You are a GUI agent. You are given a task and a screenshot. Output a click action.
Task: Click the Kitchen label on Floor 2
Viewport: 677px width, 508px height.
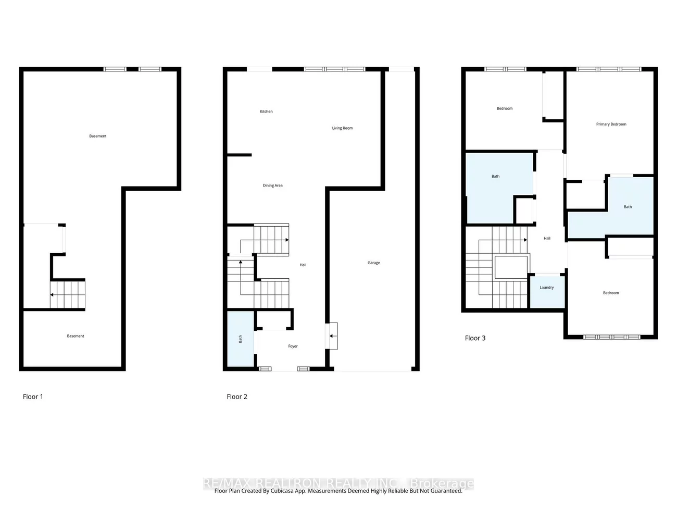pyautogui.click(x=266, y=111)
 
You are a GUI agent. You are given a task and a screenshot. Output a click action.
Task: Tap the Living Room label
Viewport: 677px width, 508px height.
pyautogui.click(x=342, y=128)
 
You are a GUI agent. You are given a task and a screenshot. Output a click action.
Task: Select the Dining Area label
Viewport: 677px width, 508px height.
pyautogui.click(x=273, y=185)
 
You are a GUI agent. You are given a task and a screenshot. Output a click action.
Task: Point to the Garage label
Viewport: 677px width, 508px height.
pyautogui.click(x=373, y=263)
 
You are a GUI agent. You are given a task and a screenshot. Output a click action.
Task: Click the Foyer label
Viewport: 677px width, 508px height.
pyautogui.click(x=293, y=346)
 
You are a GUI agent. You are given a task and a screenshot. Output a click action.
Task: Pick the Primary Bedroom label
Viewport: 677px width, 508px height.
pyautogui.click(x=611, y=125)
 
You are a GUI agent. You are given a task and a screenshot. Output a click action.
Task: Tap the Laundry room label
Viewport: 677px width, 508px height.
pyautogui.click(x=546, y=288)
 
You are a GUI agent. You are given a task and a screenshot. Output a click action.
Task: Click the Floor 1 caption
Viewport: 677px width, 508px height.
pyautogui.click(x=33, y=397)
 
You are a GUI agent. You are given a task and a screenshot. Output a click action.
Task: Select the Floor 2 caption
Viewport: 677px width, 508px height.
pyautogui.click(x=237, y=397)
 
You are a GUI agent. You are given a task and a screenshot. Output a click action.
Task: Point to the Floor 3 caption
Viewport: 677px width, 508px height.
pyautogui.click(x=475, y=338)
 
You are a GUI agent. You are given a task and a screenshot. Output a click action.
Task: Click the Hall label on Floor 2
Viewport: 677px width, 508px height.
pyautogui.click(x=303, y=265)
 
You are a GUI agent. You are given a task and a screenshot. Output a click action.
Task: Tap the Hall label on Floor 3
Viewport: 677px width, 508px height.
pyautogui.click(x=547, y=239)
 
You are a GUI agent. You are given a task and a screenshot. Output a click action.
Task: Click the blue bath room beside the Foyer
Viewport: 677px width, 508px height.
pyautogui.click(x=241, y=339)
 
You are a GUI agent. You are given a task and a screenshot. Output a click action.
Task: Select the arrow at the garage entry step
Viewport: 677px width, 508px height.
pyautogui.click(x=331, y=336)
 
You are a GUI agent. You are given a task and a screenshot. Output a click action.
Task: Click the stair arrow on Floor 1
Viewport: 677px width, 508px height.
pyautogui.click(x=52, y=295)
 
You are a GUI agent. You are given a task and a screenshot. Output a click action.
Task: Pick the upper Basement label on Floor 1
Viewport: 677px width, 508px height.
pyautogui.click(x=98, y=136)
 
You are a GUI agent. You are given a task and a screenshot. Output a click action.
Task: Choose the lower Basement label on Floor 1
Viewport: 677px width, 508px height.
pyautogui.click(x=76, y=336)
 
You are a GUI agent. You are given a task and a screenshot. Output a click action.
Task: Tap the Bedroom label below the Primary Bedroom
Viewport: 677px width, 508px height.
pyautogui.click(x=611, y=293)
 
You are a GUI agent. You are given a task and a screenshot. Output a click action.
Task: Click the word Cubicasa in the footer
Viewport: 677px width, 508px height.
pyautogui.click(x=282, y=491)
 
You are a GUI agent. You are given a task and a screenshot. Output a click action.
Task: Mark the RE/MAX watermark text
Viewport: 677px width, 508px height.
pyautogui.click(x=338, y=483)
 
